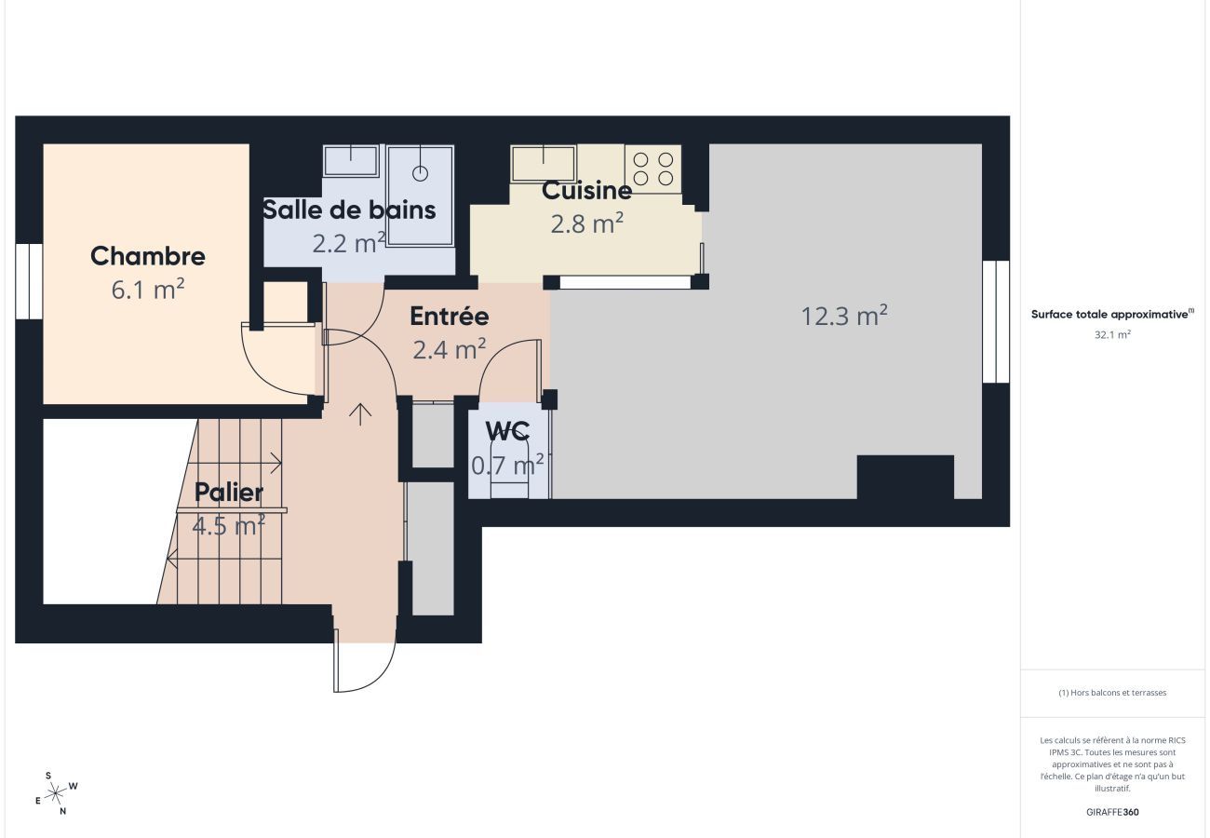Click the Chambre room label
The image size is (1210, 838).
[x=148, y=256]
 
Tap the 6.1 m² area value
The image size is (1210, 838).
[x=148, y=290]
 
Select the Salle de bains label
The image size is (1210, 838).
[x=349, y=209]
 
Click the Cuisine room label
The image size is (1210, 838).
[x=586, y=191]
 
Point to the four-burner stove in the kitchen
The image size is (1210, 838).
[x=653, y=169]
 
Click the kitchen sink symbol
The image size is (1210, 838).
[x=544, y=162]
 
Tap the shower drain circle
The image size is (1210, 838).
[x=420, y=172]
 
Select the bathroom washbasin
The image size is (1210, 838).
[x=351, y=160]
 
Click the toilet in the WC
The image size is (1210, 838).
[x=509, y=470]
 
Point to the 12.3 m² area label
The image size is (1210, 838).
[x=844, y=317]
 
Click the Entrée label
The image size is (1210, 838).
[x=450, y=317]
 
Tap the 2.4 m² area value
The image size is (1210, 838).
[x=450, y=349]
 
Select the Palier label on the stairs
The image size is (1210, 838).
[x=229, y=492]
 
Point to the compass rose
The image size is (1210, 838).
[x=56, y=793]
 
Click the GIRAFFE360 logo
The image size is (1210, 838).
[x=1112, y=812]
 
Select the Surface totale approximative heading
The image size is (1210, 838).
[x=1111, y=315]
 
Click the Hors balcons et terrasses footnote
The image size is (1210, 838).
[x=1112, y=693]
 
